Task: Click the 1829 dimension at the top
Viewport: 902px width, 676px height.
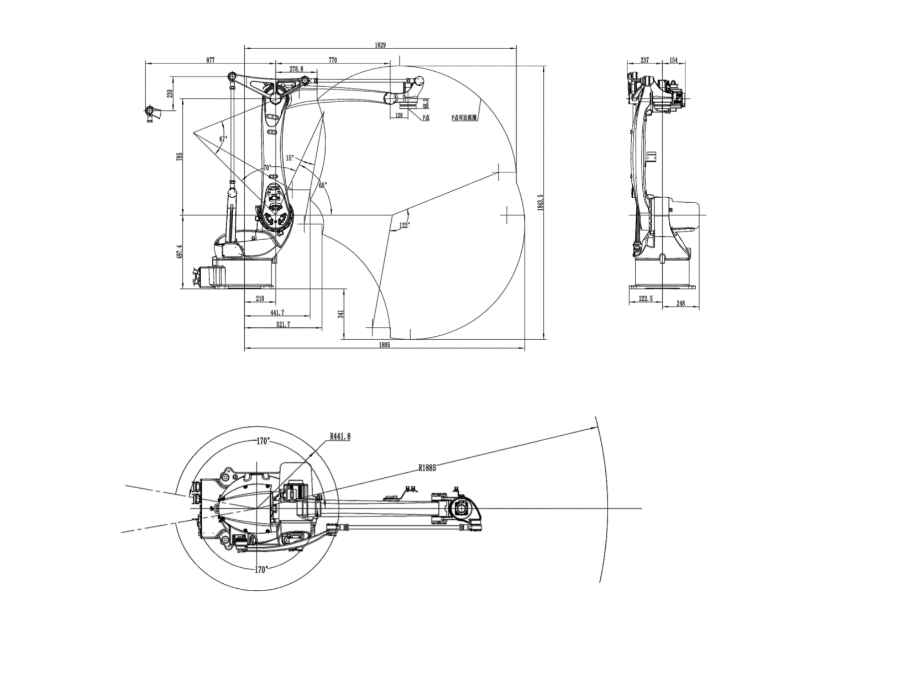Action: pos(380,45)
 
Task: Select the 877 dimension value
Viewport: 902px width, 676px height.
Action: pos(211,60)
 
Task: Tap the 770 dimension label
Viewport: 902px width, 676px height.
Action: pos(333,60)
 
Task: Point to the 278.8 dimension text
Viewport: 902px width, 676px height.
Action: pos(296,68)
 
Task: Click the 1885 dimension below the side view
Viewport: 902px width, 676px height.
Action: pos(385,345)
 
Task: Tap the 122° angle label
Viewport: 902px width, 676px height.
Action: pos(405,225)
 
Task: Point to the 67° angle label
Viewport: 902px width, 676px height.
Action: pos(223,139)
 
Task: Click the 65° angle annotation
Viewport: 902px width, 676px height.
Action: pos(322,185)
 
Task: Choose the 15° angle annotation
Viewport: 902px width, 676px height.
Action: pos(290,158)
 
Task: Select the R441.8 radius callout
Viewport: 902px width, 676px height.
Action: pos(340,436)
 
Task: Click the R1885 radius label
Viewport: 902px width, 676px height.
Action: pos(427,468)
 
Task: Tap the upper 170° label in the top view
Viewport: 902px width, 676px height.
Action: pos(263,441)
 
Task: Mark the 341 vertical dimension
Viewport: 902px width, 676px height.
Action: pos(341,314)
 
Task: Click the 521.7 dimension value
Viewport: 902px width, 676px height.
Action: pos(283,325)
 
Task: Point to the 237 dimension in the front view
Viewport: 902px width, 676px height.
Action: pos(644,60)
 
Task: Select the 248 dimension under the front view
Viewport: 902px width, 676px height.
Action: pos(680,303)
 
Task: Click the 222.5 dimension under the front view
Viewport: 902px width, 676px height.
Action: pos(645,298)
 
